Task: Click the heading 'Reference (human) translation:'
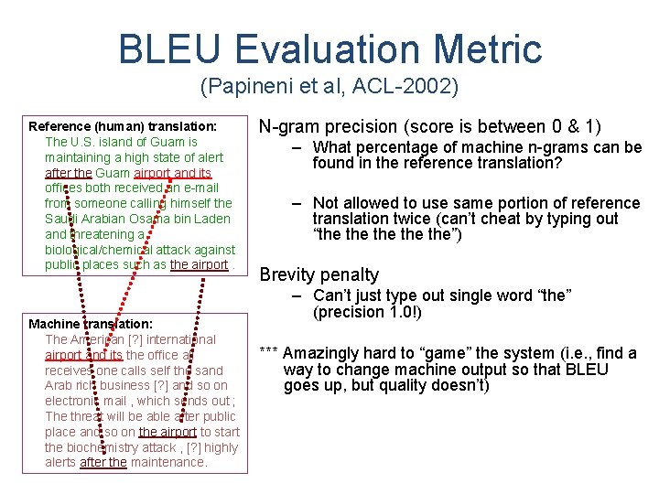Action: click(x=123, y=126)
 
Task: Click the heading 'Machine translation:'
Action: click(x=91, y=324)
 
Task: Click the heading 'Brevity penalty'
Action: click(x=319, y=274)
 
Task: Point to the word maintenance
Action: click(x=168, y=462)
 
